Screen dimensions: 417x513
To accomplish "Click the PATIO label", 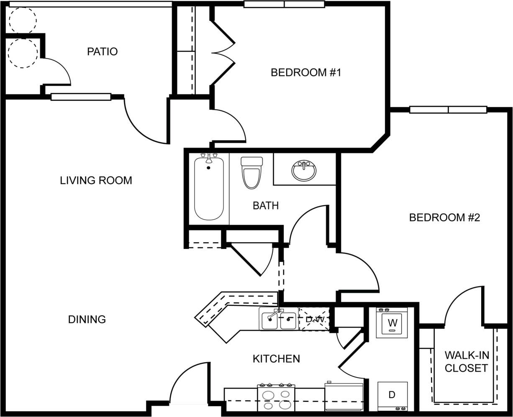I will point(102,51).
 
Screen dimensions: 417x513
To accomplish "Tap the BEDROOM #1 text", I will point(306,72).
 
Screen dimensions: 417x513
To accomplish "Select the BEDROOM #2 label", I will point(444,217).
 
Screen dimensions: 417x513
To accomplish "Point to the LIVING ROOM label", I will point(96,180).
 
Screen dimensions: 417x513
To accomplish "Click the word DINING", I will point(87,320).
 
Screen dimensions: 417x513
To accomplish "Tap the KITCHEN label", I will point(276,358).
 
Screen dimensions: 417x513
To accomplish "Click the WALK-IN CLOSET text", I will point(466,362).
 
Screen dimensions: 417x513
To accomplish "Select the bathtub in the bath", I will point(209,187).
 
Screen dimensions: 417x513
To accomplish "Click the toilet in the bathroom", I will point(251,172).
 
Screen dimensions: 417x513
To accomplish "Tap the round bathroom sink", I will point(304,170).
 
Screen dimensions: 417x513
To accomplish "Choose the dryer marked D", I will point(392,395).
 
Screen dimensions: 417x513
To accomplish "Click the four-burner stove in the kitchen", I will point(276,398).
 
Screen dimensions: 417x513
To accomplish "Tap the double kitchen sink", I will point(278,319).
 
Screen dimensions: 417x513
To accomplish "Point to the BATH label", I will point(265,205).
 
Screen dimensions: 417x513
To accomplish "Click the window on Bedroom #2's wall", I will point(448,110).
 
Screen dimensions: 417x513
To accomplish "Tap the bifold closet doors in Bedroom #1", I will point(223,53).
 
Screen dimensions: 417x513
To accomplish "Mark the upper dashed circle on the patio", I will point(23,20).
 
